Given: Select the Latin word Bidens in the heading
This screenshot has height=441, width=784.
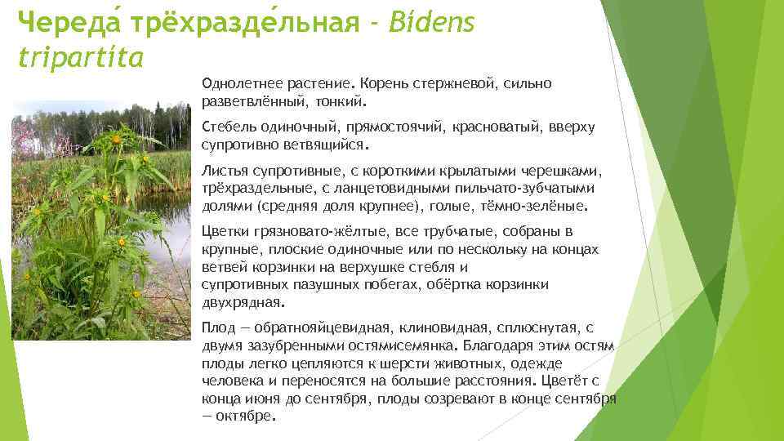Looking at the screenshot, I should [432, 24].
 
